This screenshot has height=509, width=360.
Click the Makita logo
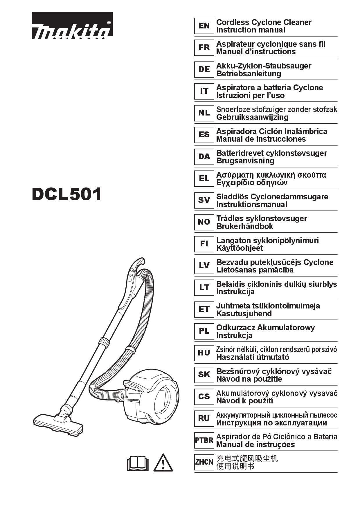coord(72,26)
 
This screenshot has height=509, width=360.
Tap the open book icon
coord(138,463)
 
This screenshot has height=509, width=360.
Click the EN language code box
coord(204,26)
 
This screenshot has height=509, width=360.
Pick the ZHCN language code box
coord(204,462)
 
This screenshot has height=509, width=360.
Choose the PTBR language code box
coord(204,440)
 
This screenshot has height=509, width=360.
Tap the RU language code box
coord(204,418)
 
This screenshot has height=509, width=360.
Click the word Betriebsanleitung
coord(249,74)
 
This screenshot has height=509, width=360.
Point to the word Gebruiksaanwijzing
coord(252,117)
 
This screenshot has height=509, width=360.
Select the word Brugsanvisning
coord(245,161)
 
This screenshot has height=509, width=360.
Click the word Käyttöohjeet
coord(240,248)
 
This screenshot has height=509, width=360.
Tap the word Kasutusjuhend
coord(244,314)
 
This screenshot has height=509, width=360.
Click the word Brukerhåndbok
coord(244,226)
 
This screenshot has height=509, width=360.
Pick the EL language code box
coord(204,178)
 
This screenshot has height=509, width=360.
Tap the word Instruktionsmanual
coord(252,205)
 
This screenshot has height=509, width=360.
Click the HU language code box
coord(204,353)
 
